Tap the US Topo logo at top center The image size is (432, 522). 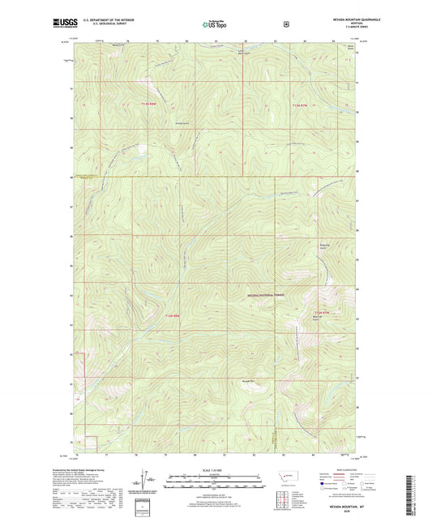pyautogui.click(x=215, y=25)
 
